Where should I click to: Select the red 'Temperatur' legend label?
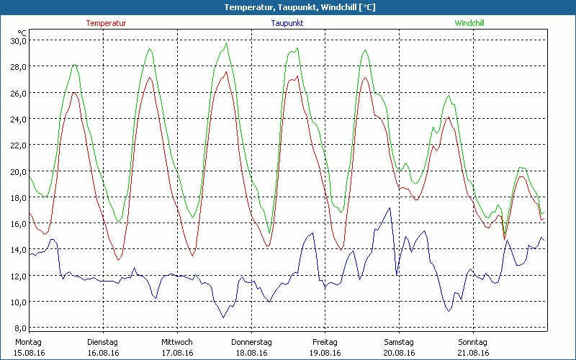pos(106,23)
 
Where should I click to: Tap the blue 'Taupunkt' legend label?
pos(287,23)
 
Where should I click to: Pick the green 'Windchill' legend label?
pos(469,23)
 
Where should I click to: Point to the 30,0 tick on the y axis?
pos(17,40)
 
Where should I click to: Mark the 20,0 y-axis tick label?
pos(17,171)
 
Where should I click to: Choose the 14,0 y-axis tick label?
pos(17,249)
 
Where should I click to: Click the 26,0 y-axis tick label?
pos(17,93)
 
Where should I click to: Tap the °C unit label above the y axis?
pos(22,32)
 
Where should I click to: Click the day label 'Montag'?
pos(29,342)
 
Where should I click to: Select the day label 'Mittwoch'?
pos(177,342)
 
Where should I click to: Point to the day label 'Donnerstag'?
pos(251,342)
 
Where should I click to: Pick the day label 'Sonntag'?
pos(472,342)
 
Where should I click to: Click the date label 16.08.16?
pos(103,353)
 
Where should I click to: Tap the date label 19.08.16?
pos(325,353)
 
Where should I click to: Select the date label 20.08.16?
pos(399,353)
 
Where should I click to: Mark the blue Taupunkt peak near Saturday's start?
pos(390,208)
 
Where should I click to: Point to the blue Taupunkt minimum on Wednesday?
pos(223,318)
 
